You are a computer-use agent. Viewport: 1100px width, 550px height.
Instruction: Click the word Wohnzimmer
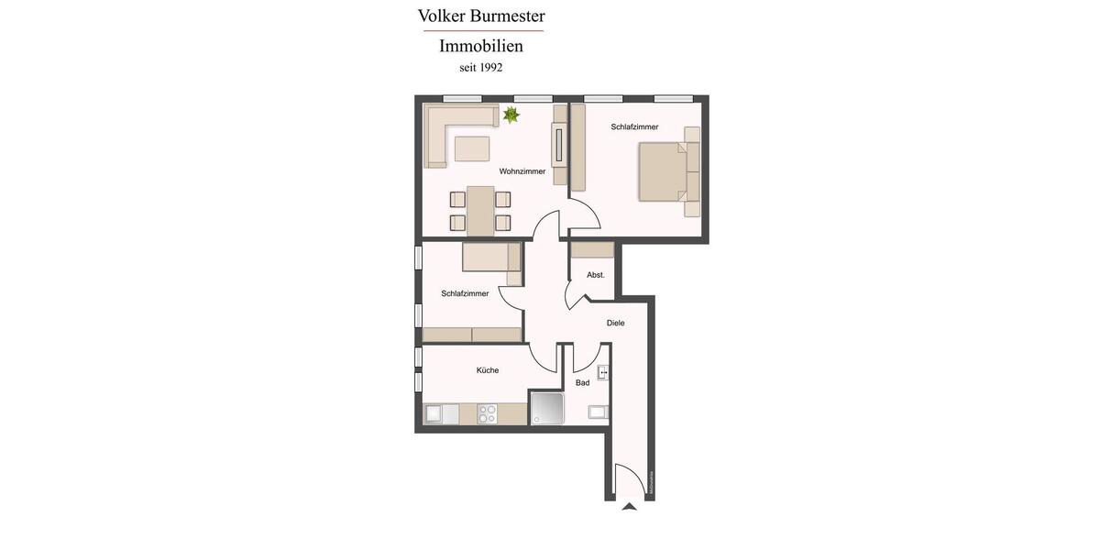(x=522, y=171)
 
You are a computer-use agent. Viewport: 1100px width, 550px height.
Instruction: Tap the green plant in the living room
(x=511, y=115)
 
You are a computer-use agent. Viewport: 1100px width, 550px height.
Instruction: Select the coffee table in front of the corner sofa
(x=472, y=148)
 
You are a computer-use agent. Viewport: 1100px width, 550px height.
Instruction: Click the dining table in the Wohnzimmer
(x=480, y=211)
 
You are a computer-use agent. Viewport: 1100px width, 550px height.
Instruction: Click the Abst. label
(x=596, y=275)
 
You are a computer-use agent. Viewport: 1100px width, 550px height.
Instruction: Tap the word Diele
(x=615, y=323)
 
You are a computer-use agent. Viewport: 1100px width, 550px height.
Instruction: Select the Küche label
(x=488, y=370)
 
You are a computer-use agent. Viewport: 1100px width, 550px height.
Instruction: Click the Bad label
(x=582, y=382)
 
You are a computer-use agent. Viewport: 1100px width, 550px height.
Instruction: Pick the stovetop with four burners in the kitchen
(x=487, y=413)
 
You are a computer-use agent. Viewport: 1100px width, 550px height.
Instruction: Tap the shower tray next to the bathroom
(x=547, y=409)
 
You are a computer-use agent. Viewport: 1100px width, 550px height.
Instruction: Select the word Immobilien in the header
(x=481, y=46)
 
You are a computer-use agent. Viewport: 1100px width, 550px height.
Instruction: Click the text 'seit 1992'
(x=481, y=68)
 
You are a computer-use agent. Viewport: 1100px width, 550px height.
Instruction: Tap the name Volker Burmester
(x=481, y=16)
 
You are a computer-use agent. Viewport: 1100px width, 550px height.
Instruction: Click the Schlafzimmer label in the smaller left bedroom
(x=465, y=293)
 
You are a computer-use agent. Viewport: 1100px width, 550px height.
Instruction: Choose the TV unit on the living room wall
(x=558, y=143)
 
